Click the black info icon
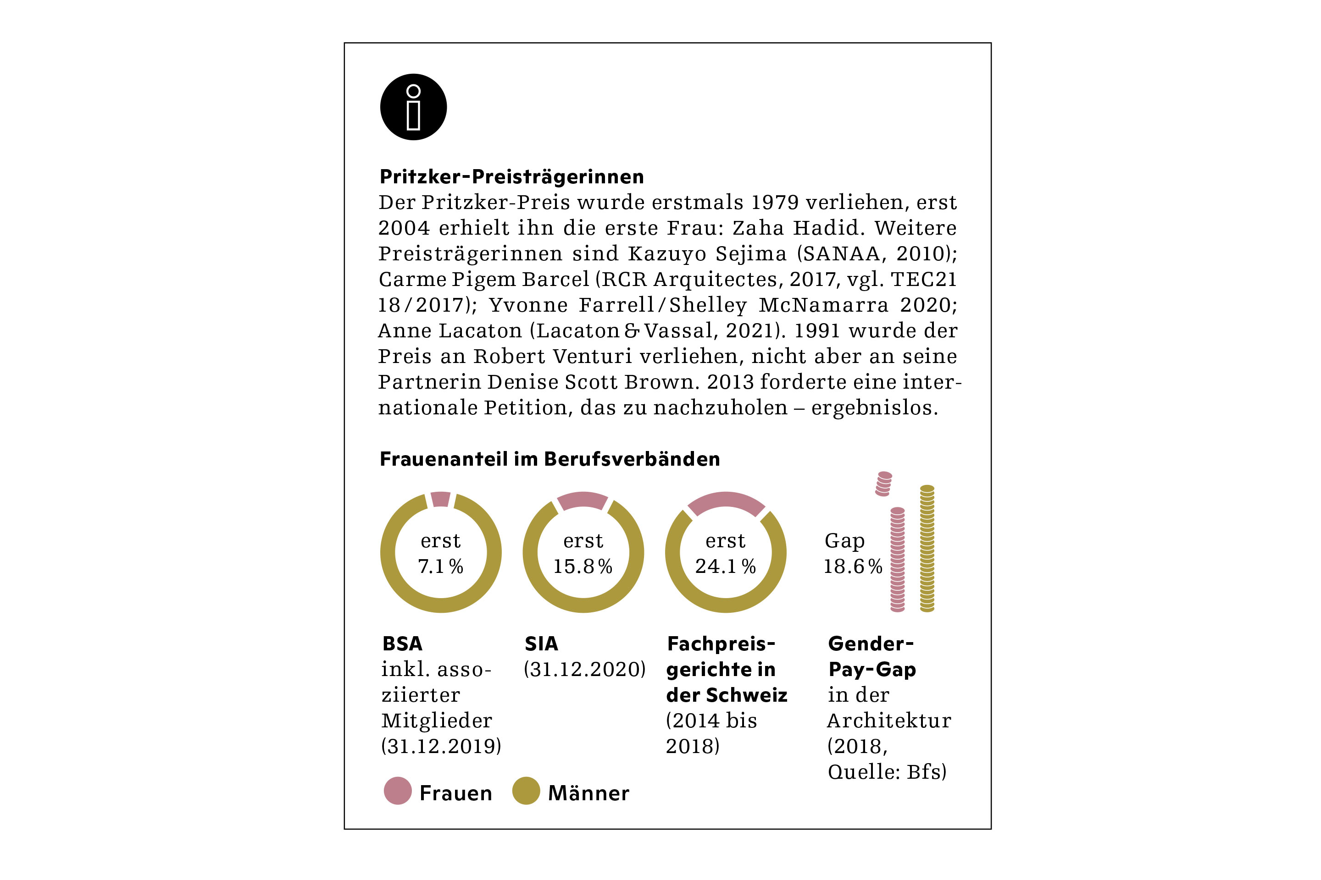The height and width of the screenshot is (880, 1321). (x=413, y=107)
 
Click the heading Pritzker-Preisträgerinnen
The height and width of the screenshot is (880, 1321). (x=512, y=177)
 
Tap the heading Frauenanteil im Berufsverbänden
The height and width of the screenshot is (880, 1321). (x=549, y=459)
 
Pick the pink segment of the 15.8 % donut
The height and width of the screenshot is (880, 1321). (x=583, y=500)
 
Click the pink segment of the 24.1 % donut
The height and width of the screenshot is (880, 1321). (x=726, y=502)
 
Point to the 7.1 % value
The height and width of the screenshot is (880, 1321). (x=440, y=566)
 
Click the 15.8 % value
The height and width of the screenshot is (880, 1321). (x=583, y=566)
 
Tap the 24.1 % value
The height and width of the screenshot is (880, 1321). (x=725, y=566)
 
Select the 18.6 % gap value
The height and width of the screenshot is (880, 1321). (x=853, y=566)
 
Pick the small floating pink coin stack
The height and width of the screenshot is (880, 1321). (x=883, y=483)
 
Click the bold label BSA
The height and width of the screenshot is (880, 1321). (x=402, y=643)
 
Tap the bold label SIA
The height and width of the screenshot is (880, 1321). (x=541, y=643)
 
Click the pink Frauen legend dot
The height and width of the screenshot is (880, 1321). (x=398, y=791)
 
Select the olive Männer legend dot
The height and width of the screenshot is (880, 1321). (x=526, y=791)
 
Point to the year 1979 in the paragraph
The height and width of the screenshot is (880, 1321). (x=775, y=203)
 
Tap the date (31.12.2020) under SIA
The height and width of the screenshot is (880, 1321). (x=584, y=670)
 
